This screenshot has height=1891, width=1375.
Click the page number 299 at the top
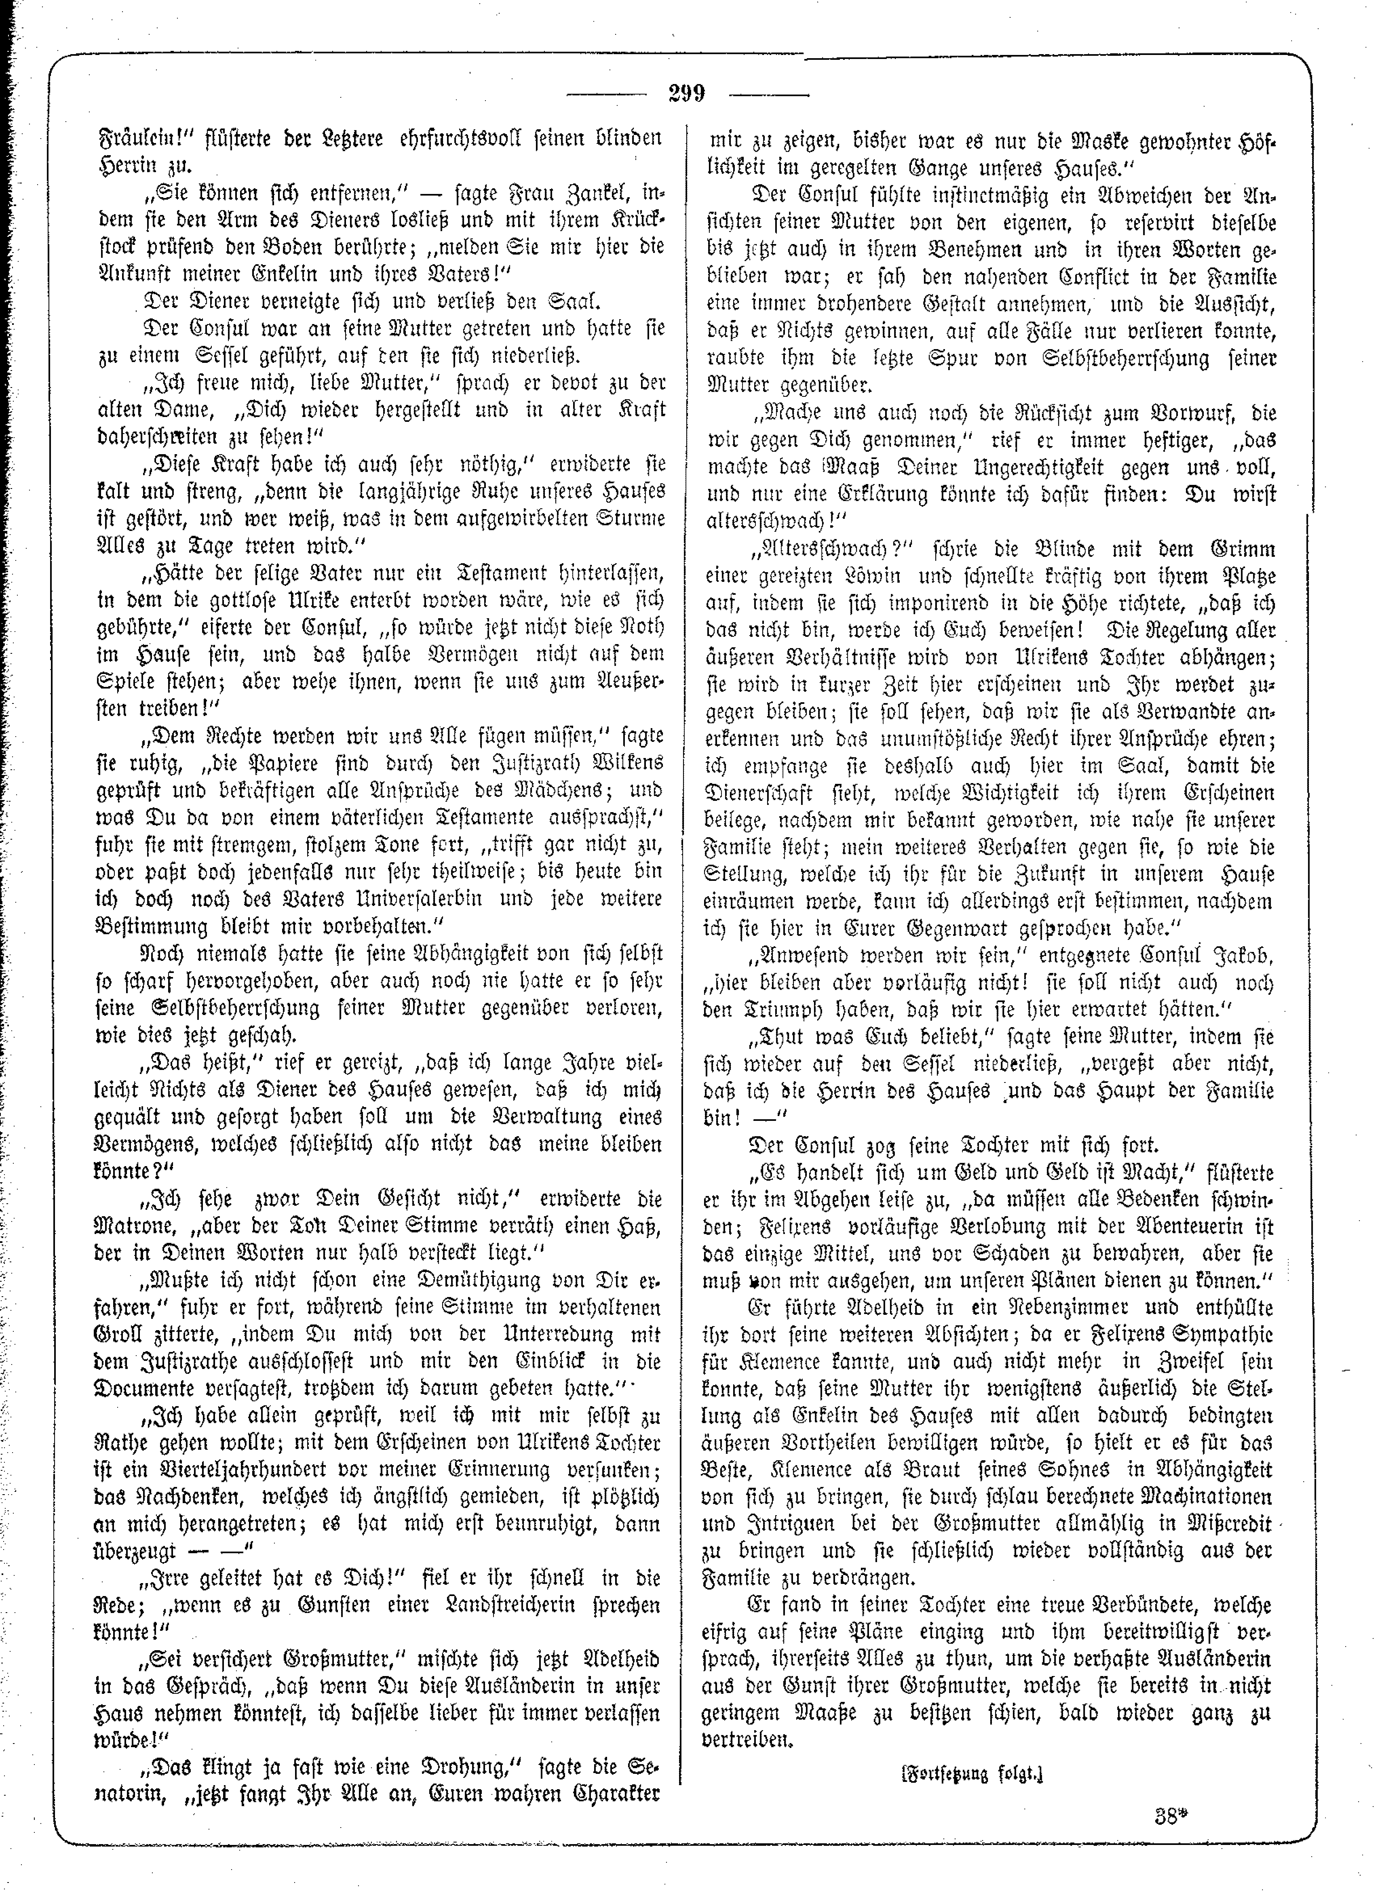click(x=686, y=93)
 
